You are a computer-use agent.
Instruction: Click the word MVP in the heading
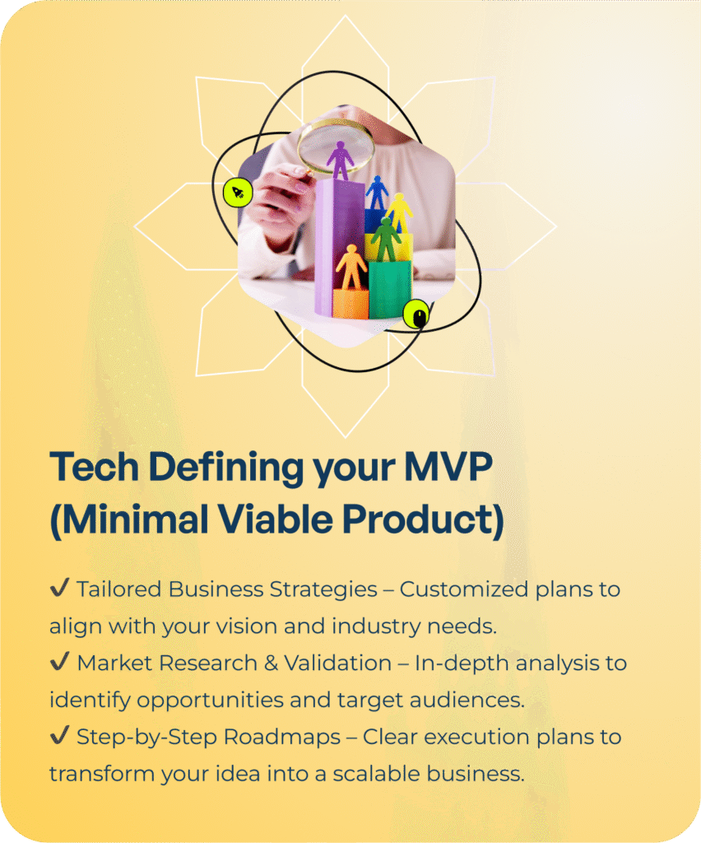[448, 466]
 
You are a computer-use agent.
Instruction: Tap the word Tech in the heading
[95, 466]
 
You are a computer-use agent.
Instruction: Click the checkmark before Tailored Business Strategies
[59, 587]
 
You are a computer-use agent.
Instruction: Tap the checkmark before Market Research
[59, 661]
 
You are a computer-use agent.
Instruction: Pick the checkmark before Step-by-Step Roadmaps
[59, 734]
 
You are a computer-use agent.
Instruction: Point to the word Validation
[338, 663]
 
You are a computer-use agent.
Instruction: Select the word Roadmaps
[282, 738]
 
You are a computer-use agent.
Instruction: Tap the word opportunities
[210, 701]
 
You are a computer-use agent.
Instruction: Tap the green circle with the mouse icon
[417, 314]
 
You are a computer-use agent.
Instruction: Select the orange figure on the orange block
[351, 268]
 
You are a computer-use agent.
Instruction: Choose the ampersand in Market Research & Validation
[272, 664]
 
